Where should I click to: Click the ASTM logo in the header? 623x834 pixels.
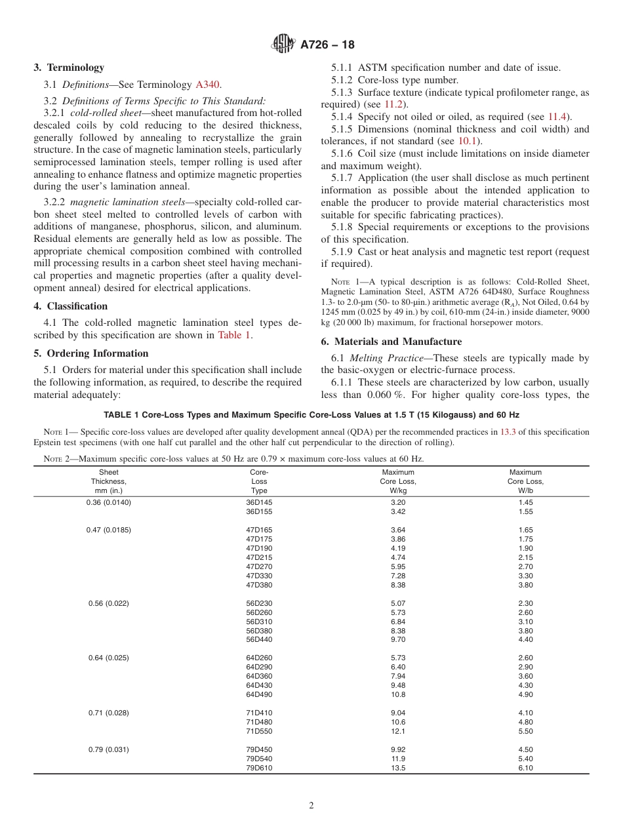(284, 45)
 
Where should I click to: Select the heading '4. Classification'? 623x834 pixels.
(71, 306)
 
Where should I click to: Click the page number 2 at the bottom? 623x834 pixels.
(311, 806)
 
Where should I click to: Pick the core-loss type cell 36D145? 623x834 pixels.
(259, 502)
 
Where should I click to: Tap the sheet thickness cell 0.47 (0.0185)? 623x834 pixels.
(109, 530)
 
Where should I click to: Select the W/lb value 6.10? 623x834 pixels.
(525, 768)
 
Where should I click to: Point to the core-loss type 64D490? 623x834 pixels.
(259, 694)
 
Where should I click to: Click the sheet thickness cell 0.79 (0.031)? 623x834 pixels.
(109, 749)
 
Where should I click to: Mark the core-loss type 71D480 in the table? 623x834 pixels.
(259, 722)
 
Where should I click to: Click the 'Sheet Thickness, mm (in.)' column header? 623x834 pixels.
(109, 481)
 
